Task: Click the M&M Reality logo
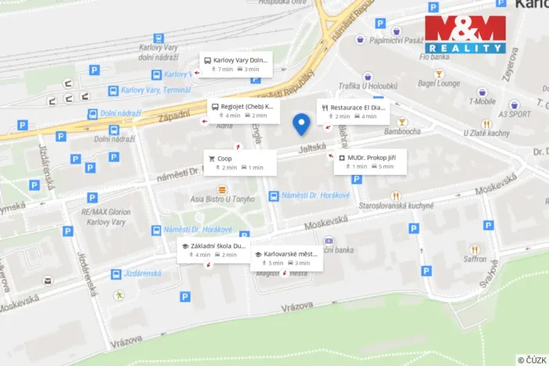(465, 34)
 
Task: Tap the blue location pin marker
(301, 124)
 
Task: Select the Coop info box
(240, 163)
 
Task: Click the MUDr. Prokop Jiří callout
(370, 162)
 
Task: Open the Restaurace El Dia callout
(353, 112)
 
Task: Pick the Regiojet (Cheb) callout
(241, 110)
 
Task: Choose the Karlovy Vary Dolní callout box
(235, 64)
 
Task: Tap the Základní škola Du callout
(213, 249)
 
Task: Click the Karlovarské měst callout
(285, 258)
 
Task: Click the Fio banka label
(433, 56)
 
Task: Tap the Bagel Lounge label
(438, 82)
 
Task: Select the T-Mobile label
(483, 101)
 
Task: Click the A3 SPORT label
(515, 113)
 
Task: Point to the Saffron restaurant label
(474, 259)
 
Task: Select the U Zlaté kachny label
(486, 133)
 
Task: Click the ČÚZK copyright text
(532, 359)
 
